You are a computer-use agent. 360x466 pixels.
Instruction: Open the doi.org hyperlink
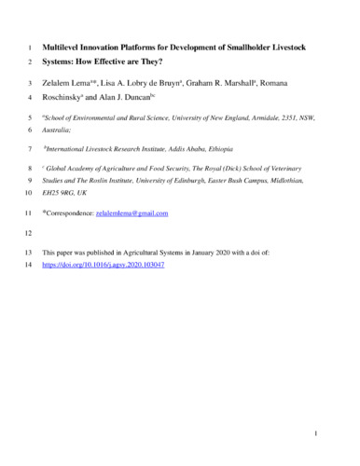pyautogui.click(x=104, y=265)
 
